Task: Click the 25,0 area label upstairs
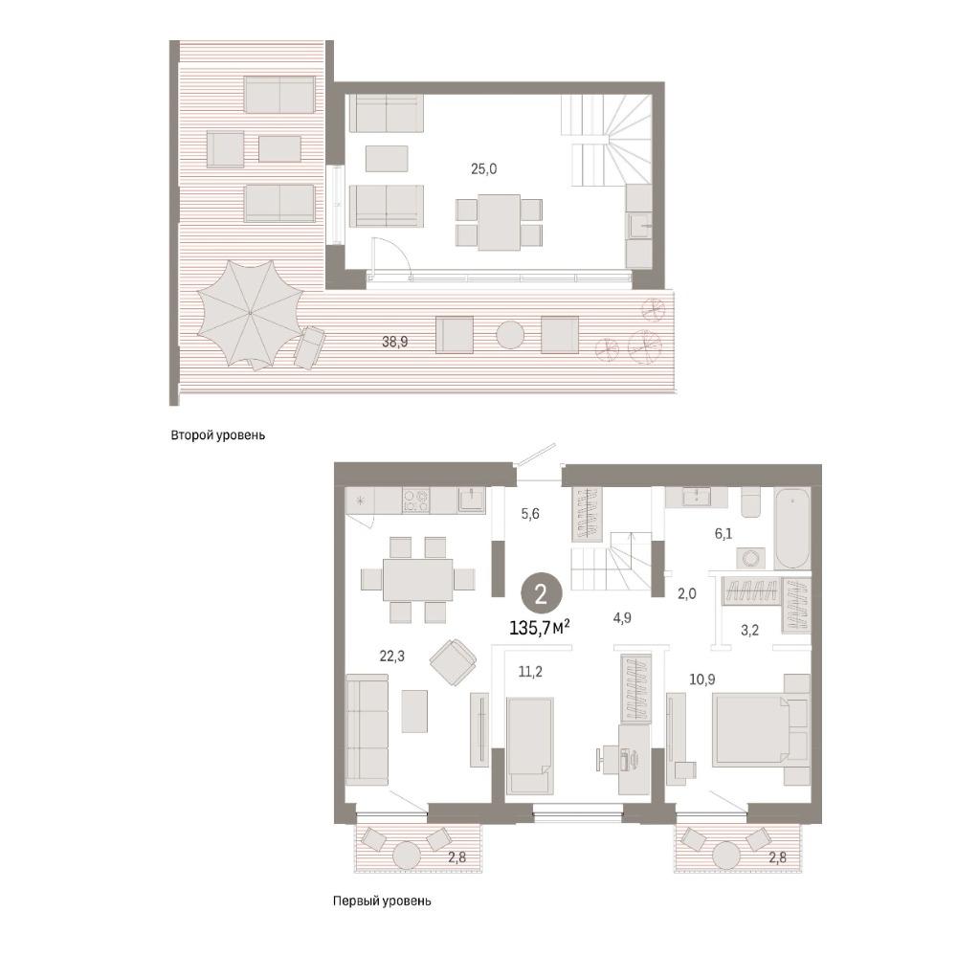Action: tap(483, 169)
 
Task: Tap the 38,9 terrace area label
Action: tap(395, 342)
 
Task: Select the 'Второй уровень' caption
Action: tap(218, 435)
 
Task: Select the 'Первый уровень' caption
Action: tap(382, 901)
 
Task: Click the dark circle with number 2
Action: tap(541, 595)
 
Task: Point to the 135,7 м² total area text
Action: tap(540, 628)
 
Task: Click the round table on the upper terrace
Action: tap(509, 334)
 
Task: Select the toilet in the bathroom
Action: tap(751, 502)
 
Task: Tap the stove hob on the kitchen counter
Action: tap(415, 501)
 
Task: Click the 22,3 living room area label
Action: tap(391, 657)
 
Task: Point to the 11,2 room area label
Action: tap(530, 673)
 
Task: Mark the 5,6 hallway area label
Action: tap(530, 514)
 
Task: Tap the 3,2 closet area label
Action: tap(749, 631)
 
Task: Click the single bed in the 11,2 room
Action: tap(530, 746)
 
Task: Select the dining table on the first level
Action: tap(418, 579)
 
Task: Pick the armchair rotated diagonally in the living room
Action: tap(453, 662)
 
